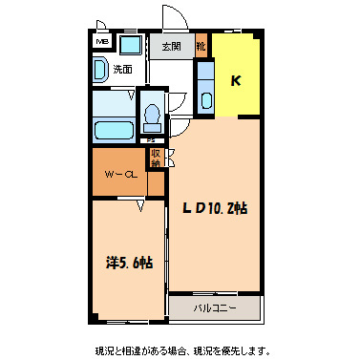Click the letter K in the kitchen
point(235,80)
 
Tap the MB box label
point(101,42)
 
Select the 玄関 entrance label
point(172,46)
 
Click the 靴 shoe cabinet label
point(201,46)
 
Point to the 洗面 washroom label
point(122,69)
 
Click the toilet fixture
point(151,116)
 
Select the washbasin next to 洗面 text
point(100,70)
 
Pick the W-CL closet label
point(118,175)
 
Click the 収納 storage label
point(155,158)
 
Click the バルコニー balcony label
point(214,308)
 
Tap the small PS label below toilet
point(151,139)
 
